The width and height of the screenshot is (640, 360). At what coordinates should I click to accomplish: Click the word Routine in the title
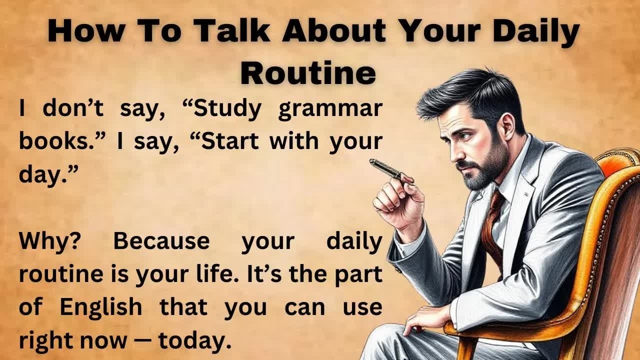pyautogui.click(x=308, y=73)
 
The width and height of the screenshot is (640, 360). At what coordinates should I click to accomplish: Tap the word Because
pyautogui.click(x=161, y=242)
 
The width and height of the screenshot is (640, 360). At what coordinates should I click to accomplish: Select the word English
pyautogui.click(x=101, y=307)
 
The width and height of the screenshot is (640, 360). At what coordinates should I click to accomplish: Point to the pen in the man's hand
pyautogui.click(x=385, y=168)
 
